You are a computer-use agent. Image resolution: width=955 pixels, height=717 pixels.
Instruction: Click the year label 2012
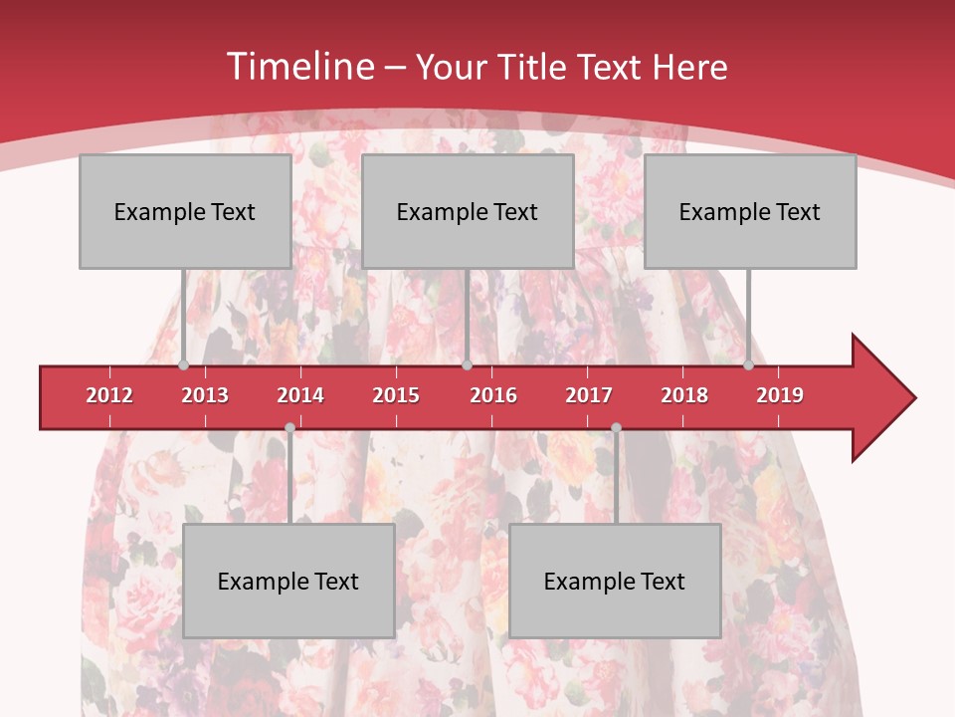(109, 395)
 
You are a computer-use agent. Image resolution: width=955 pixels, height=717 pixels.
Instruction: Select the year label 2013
(205, 395)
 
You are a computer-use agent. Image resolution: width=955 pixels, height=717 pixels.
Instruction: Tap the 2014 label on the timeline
(300, 395)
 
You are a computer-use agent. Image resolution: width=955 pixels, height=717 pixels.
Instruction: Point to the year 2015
(396, 395)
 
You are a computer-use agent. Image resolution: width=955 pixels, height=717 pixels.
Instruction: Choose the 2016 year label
(493, 395)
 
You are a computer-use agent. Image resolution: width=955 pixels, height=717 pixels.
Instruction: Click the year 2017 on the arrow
(589, 395)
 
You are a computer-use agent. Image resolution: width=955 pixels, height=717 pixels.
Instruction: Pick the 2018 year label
(684, 395)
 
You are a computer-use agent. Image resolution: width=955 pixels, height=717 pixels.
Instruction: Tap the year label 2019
(780, 395)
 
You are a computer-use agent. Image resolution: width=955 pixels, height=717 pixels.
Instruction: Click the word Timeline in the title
(298, 67)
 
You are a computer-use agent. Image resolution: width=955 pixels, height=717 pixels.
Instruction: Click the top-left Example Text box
(185, 211)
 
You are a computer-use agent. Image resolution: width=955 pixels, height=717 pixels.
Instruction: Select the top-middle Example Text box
(468, 211)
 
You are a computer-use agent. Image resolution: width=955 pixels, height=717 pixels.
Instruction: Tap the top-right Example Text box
(750, 211)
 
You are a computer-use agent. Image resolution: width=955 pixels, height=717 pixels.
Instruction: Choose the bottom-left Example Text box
(288, 581)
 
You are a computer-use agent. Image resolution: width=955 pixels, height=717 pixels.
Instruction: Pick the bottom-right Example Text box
(615, 581)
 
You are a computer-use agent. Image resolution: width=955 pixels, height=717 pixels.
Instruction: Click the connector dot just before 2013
(184, 365)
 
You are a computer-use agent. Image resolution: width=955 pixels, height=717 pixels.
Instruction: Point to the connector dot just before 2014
(289, 428)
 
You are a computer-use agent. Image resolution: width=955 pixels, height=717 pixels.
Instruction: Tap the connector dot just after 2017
(616, 428)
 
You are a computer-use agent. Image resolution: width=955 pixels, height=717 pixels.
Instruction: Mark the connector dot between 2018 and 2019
(748, 365)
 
